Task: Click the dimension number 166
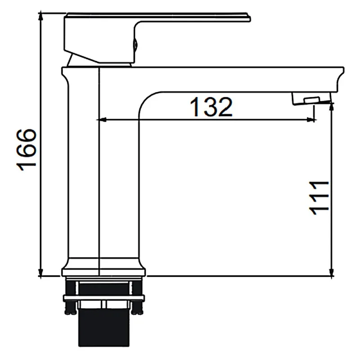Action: pyautogui.click(x=27, y=150)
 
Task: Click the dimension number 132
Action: pyautogui.click(x=211, y=107)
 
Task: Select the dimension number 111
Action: pyautogui.click(x=319, y=198)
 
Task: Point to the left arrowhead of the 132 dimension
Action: pyautogui.click(x=101, y=120)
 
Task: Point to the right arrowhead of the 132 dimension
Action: pyautogui.click(x=311, y=120)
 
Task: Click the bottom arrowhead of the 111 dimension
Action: pyautogui.click(x=331, y=272)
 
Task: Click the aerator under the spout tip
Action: pyautogui.click(x=311, y=98)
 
